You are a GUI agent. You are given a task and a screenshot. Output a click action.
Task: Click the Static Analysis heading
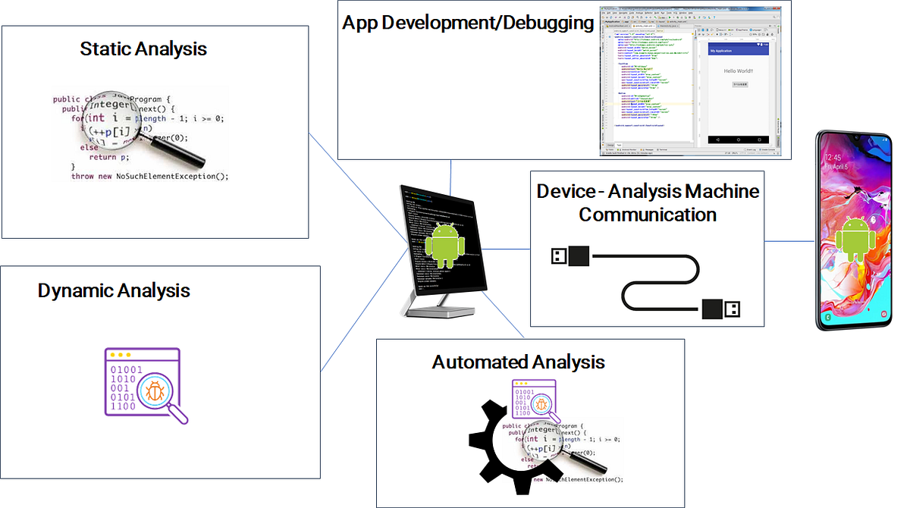[143, 49]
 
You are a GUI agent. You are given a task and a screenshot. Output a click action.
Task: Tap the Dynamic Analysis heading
[114, 290]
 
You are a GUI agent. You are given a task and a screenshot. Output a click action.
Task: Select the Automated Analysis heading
[518, 362]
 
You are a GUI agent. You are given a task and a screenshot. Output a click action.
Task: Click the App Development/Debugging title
[468, 23]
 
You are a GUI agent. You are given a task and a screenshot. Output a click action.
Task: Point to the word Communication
[648, 215]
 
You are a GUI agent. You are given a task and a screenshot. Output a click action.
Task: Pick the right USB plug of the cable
[720, 309]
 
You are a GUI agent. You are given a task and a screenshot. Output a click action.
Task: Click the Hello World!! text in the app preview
[738, 71]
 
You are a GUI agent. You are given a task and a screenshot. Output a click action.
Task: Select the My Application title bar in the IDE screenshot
[738, 50]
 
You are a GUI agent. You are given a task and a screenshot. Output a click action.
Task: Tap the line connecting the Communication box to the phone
[789, 242]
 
